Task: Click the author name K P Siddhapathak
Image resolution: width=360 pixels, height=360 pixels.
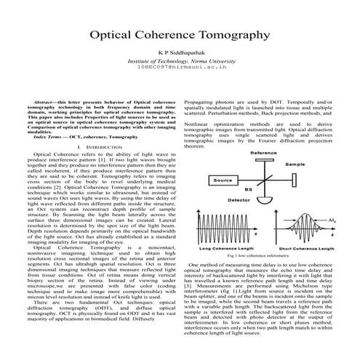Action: tap(180, 54)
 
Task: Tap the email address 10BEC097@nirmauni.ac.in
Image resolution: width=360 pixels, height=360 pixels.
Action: tap(180, 69)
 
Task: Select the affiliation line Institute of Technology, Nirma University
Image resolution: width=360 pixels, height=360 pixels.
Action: tap(180, 62)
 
